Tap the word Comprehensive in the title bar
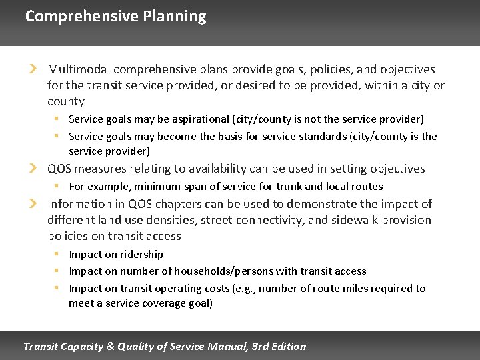[82, 17]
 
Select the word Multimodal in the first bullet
[79, 69]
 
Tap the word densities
[172, 220]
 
